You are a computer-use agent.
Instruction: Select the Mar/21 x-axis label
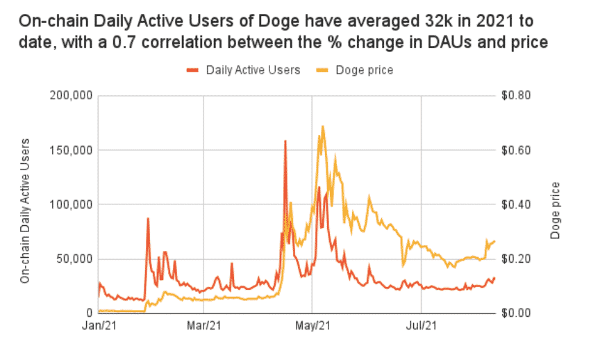[204, 325]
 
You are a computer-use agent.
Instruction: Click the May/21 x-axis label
[313, 325]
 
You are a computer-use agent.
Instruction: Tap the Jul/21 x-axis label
[421, 325]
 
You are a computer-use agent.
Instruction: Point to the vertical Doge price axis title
[556, 211]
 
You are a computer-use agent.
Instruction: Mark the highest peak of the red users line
[285, 140]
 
